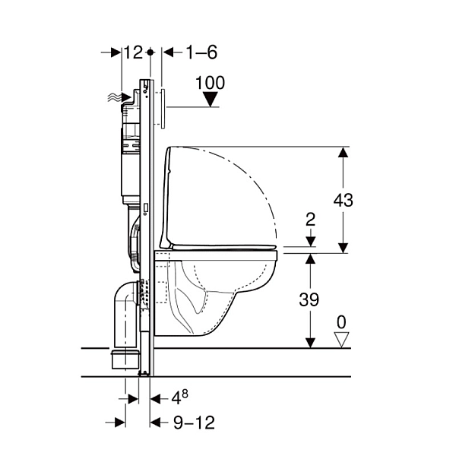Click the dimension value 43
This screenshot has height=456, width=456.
click(344, 200)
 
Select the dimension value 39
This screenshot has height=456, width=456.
click(309, 299)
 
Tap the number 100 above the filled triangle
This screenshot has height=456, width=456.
click(210, 83)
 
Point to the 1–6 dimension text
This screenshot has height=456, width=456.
click(201, 52)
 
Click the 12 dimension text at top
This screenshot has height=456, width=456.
click(134, 52)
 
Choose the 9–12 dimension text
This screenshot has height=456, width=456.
click(194, 423)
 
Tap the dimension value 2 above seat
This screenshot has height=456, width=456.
click(311, 220)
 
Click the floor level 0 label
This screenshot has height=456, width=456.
click(341, 322)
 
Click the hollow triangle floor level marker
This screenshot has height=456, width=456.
click(341, 340)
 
